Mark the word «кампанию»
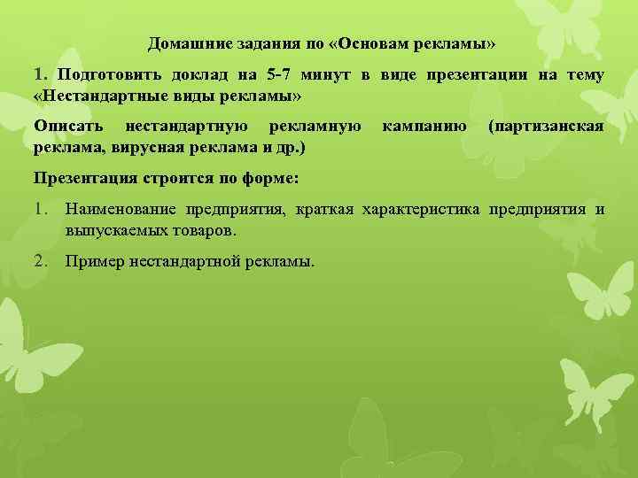(424, 127)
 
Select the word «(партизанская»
(546, 127)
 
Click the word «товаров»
(201, 229)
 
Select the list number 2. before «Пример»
(42, 261)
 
